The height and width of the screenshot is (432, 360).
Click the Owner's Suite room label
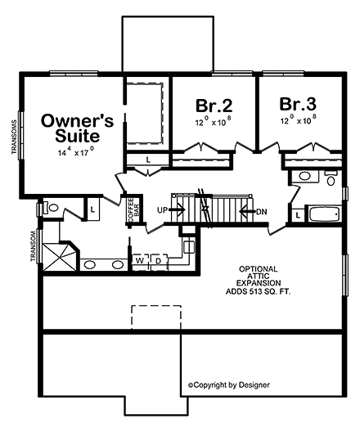pos(72,127)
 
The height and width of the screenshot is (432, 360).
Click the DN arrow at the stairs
pos(254,211)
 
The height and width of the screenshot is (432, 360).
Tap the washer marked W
pos(139,261)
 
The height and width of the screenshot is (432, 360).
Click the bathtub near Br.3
pos(325,216)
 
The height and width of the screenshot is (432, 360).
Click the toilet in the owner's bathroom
pos(51,209)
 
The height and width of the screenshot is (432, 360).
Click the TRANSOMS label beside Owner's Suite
pos(15,138)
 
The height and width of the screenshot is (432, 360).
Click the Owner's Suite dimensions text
pos(75,153)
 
